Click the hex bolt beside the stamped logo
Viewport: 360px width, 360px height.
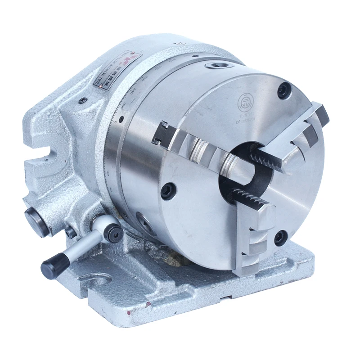284,90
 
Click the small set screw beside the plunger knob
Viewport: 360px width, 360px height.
70,232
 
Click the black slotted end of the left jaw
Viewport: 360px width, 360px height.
162,134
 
